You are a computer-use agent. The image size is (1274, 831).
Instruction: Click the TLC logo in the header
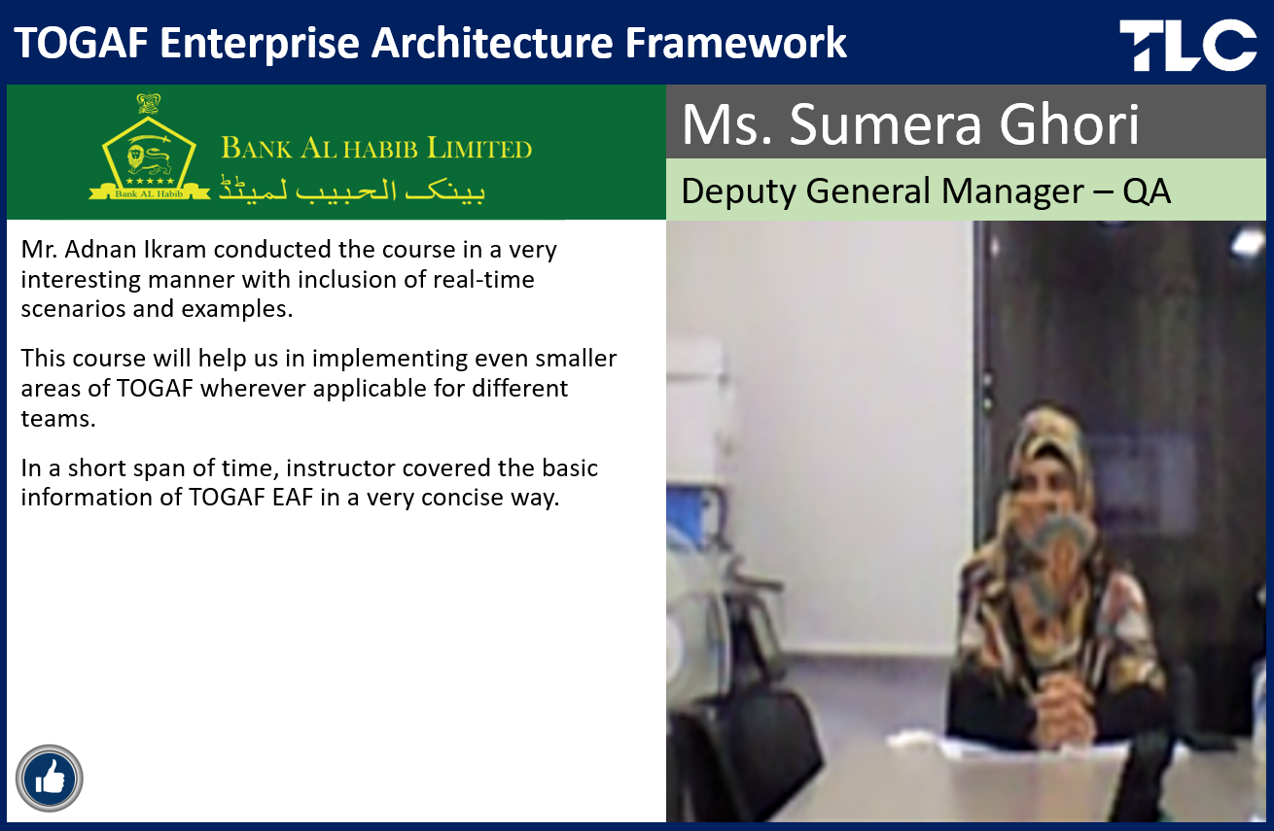pyautogui.click(x=1187, y=45)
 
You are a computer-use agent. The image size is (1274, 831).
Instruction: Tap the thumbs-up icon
pyautogui.click(x=50, y=779)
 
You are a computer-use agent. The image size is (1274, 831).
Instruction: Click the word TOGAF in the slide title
pyautogui.click(x=82, y=43)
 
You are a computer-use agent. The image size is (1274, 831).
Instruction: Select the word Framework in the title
pyautogui.click(x=736, y=43)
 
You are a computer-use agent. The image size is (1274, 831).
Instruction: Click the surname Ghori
pyautogui.click(x=1069, y=124)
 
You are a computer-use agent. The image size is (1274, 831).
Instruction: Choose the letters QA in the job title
pyautogui.click(x=1146, y=190)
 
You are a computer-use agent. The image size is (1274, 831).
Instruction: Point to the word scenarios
pyautogui.click(x=73, y=309)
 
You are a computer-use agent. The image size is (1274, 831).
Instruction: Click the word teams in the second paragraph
pyautogui.click(x=56, y=419)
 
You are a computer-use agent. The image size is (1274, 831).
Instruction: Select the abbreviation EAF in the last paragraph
pyautogui.click(x=293, y=498)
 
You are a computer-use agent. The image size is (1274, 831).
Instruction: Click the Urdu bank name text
pyautogui.click(x=352, y=189)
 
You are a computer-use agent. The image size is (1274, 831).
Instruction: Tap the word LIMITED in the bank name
pyautogui.click(x=478, y=149)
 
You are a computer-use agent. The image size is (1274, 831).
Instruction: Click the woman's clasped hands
pyautogui.click(x=1058, y=709)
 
